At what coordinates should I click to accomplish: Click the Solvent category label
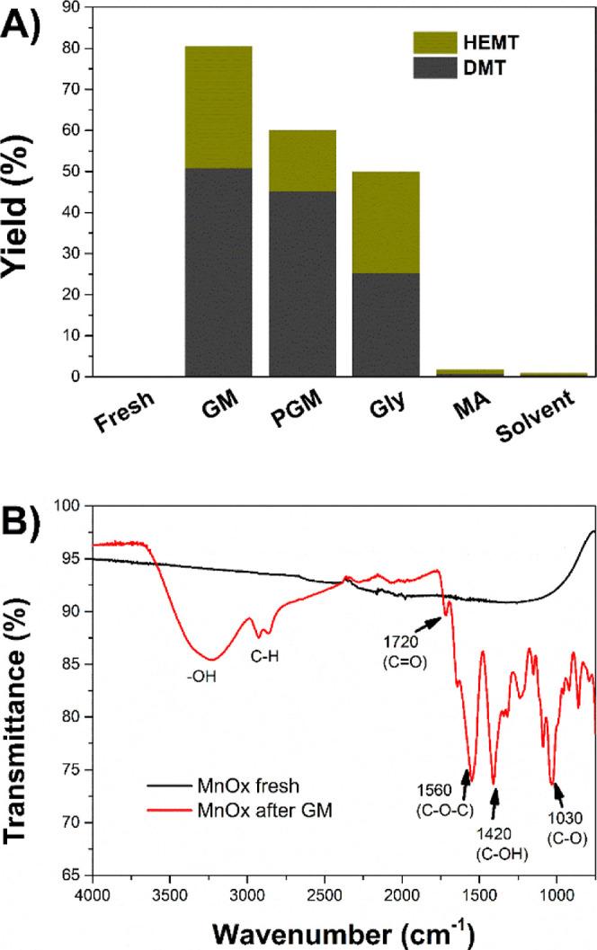551,418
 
